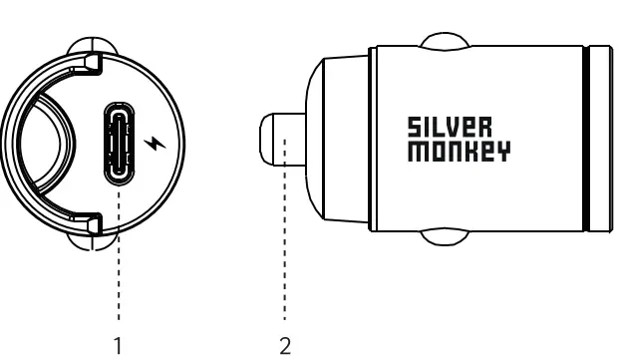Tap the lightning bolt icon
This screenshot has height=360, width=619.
click(152, 144)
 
